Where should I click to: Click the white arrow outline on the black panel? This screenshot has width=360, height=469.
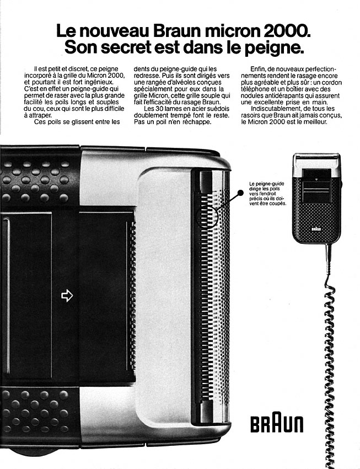[x=67, y=296]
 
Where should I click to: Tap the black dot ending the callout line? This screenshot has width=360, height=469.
[x=240, y=193]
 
